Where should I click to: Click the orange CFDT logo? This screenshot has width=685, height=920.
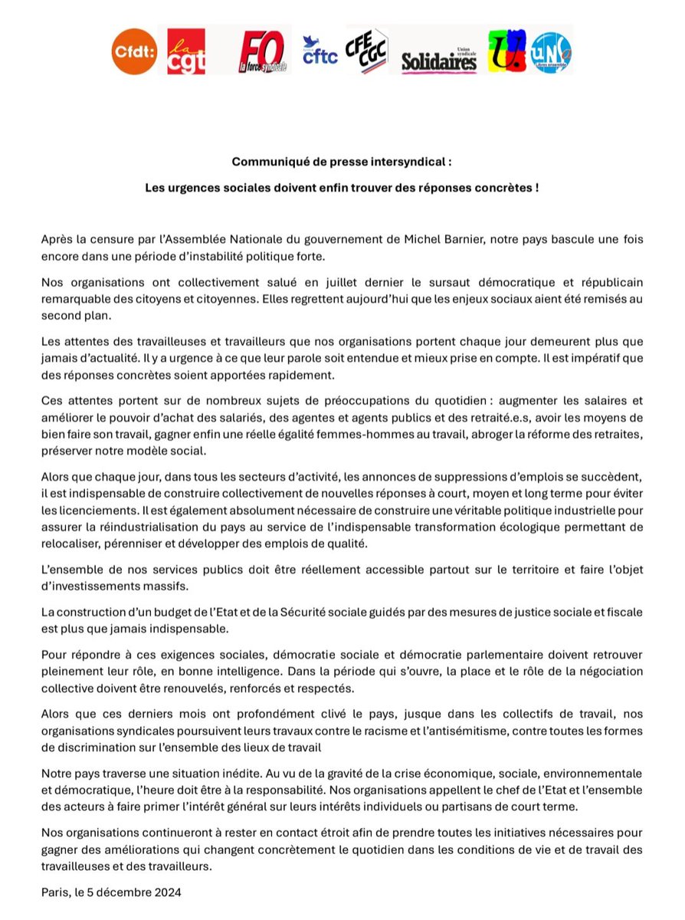(x=133, y=51)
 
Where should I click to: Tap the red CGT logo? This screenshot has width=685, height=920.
(x=186, y=51)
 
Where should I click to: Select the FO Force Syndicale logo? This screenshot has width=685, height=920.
(x=264, y=51)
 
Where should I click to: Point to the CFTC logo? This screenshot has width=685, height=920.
(x=320, y=51)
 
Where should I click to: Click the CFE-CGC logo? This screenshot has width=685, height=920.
(x=367, y=51)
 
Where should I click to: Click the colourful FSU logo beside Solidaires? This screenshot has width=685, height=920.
(x=507, y=51)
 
